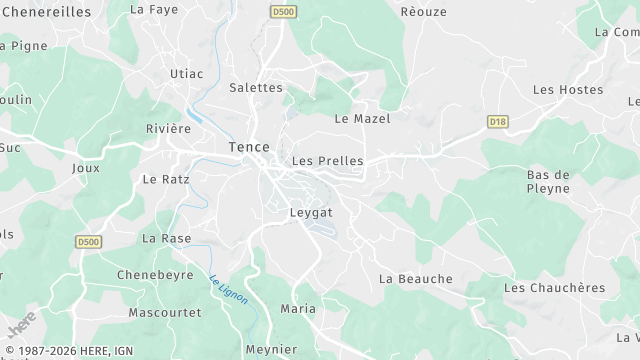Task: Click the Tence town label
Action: (x=248, y=147)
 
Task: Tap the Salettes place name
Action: (x=256, y=87)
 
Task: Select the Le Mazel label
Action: (x=361, y=118)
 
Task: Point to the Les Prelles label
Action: (x=327, y=160)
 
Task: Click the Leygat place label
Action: (x=310, y=212)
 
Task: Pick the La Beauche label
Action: (x=416, y=278)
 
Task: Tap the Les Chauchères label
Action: (x=555, y=287)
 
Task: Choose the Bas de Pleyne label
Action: (x=548, y=180)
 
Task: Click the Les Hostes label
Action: (x=568, y=90)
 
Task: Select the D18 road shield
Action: (x=497, y=121)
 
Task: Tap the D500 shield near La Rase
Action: (x=89, y=241)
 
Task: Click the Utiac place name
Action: (x=186, y=74)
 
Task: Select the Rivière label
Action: (x=168, y=128)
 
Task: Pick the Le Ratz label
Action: (x=166, y=180)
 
